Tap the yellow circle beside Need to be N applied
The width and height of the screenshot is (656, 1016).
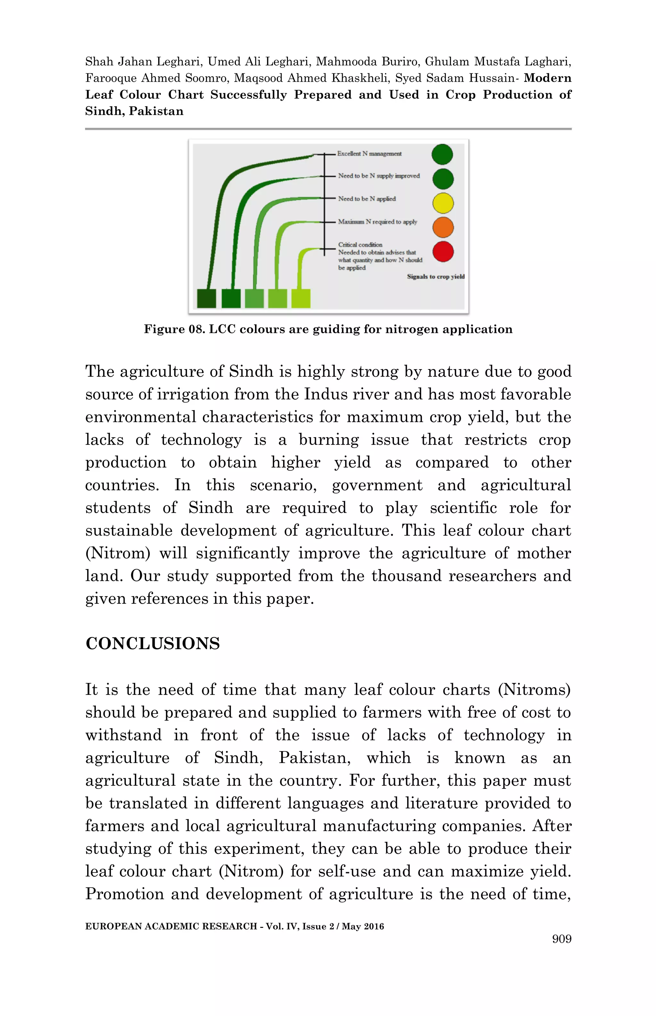tap(443, 203)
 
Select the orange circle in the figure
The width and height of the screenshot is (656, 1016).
tap(443, 227)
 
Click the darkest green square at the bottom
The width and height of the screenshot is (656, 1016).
tap(207, 298)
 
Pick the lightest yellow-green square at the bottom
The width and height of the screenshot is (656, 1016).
tap(301, 298)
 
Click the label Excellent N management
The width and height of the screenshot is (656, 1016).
tap(369, 154)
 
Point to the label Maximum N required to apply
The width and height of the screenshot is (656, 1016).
tap(377, 222)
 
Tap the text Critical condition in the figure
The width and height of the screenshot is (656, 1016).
tap(360, 244)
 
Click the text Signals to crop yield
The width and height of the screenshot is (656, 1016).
tap(435, 277)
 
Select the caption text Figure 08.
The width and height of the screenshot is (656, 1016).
tap(174, 329)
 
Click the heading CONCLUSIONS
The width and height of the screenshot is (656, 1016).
tap(152, 644)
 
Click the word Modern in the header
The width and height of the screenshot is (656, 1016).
tap(547, 78)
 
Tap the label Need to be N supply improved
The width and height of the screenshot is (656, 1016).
tap(379, 176)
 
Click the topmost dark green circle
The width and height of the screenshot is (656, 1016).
tap(442, 154)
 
